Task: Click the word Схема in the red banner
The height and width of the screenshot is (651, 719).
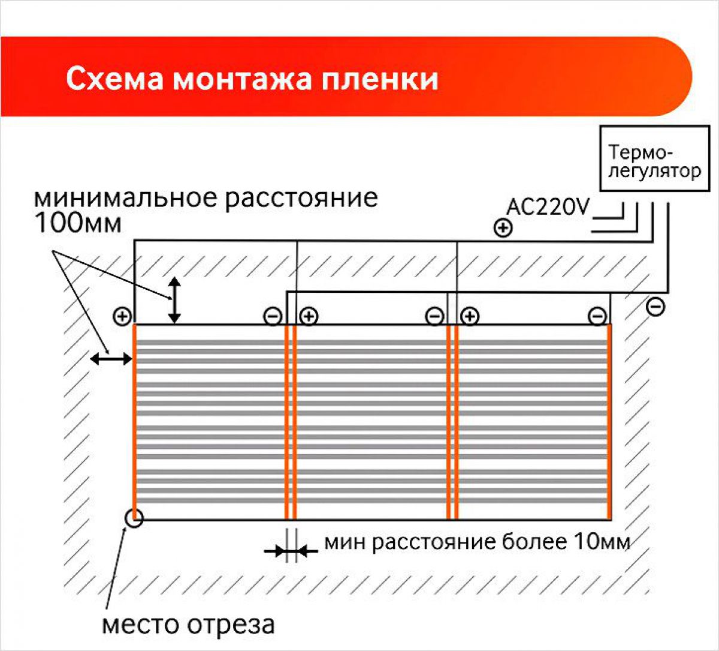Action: (114, 79)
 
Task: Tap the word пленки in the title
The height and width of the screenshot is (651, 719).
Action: (380, 79)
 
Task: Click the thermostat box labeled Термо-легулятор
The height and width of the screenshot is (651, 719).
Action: (654, 158)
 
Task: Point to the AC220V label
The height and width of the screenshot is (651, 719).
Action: (548, 207)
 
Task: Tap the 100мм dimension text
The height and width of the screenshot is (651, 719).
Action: (78, 223)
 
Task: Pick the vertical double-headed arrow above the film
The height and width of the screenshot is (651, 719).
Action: (174, 300)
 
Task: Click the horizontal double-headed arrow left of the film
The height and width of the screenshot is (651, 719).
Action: (111, 358)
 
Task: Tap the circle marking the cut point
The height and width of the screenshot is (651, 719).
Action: (134, 518)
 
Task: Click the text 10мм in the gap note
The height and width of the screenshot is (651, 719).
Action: (602, 542)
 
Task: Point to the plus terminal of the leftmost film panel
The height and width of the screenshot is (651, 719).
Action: (122, 317)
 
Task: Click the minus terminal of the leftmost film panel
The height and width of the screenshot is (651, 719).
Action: (273, 317)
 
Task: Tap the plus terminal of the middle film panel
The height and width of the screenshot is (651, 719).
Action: (309, 316)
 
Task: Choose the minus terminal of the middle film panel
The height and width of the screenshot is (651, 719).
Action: (434, 316)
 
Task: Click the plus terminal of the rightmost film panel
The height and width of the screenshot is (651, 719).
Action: (470, 316)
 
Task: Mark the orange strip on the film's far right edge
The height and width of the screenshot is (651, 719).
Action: (609, 422)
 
